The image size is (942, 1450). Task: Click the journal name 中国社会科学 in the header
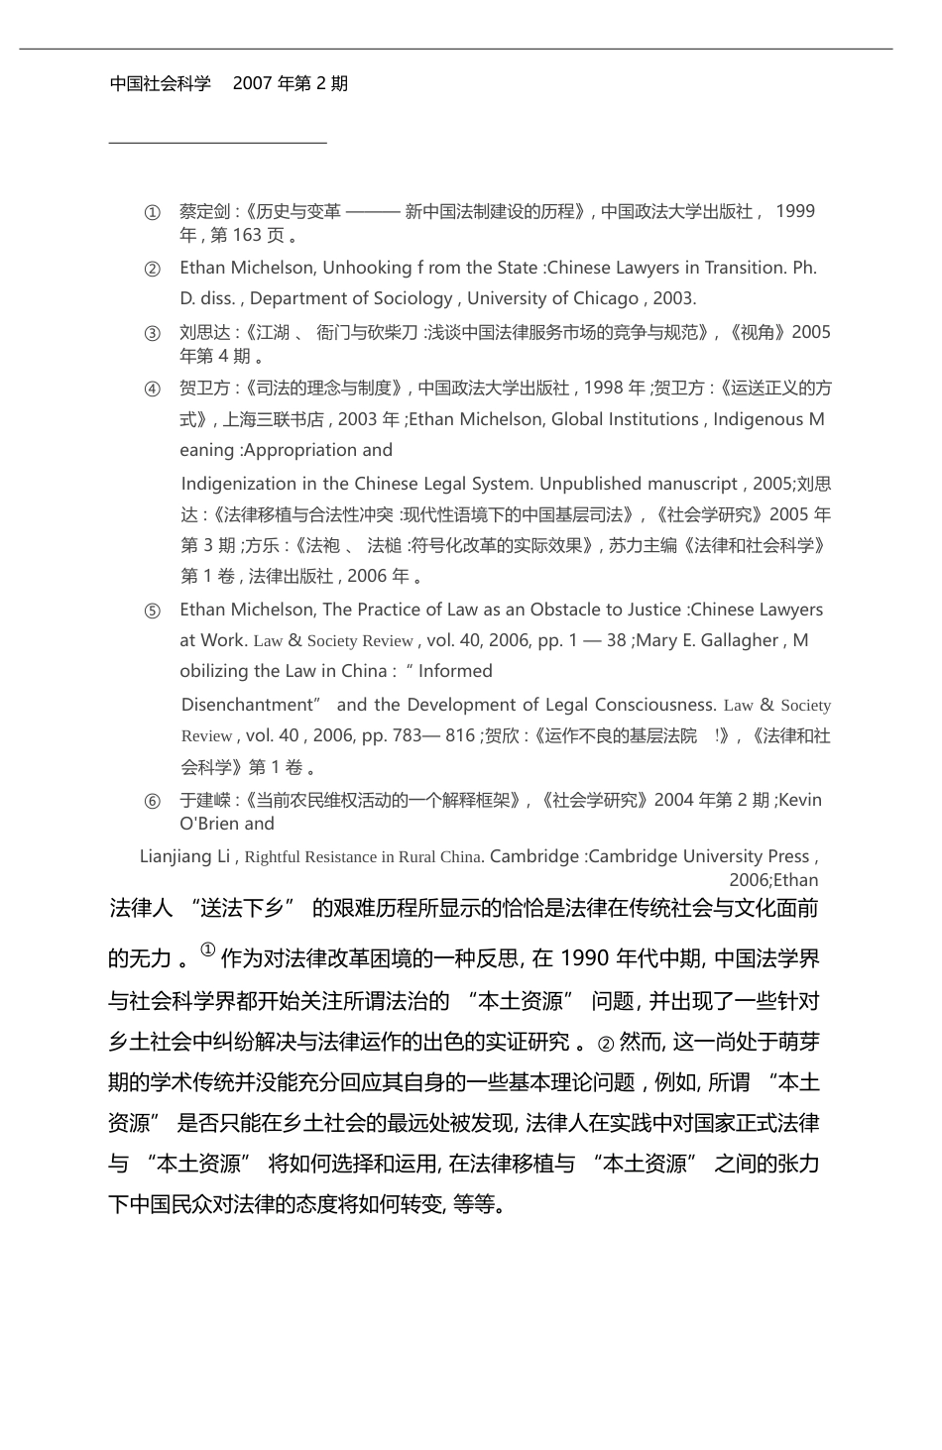click(x=161, y=84)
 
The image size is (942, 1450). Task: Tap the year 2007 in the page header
click(x=253, y=84)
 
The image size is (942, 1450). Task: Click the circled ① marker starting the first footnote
click(x=152, y=212)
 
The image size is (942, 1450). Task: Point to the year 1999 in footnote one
click(x=795, y=211)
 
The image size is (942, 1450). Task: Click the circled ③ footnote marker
click(x=152, y=333)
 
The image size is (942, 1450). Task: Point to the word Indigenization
click(x=237, y=484)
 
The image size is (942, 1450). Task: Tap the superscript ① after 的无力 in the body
click(x=207, y=949)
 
